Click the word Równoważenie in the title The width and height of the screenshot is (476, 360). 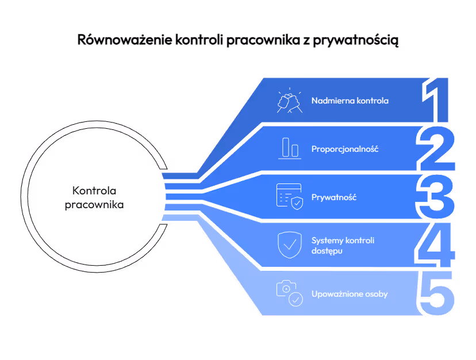125,40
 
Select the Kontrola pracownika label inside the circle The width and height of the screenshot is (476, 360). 94,198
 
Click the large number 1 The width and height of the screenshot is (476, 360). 435,100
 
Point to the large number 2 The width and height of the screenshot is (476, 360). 436,149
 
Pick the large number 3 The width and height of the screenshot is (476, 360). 435,197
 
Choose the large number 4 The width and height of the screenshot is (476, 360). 435,246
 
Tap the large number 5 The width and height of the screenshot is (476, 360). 437,293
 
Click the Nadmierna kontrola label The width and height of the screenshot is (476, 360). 350,101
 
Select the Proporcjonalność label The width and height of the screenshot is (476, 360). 345,149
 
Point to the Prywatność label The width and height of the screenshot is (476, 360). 334,197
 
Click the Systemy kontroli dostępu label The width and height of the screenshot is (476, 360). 343,246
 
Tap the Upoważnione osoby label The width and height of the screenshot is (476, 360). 350,294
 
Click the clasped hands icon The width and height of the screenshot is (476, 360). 290,100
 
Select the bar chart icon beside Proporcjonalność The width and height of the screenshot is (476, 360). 290,148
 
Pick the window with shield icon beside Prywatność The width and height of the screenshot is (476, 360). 290,197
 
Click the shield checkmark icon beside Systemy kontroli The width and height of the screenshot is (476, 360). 290,245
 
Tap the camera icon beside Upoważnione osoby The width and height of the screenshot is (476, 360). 290,293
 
